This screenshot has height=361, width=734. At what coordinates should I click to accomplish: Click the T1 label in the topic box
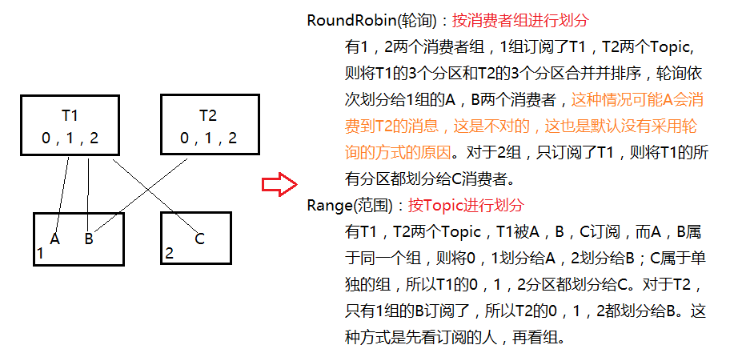[70, 115]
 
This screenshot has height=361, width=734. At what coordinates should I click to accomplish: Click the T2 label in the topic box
[208, 115]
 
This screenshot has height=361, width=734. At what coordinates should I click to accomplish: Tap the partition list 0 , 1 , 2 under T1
[70, 138]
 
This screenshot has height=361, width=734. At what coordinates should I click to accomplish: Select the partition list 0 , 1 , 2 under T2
[208, 138]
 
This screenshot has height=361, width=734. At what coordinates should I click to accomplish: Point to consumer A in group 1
[54, 238]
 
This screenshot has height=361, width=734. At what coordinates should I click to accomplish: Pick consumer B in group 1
[89, 238]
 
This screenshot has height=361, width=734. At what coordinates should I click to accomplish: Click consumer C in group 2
[199, 238]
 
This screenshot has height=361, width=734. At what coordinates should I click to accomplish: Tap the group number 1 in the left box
[39, 254]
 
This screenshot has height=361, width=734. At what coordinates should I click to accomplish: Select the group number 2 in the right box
[168, 254]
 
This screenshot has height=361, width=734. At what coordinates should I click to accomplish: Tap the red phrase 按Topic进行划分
[465, 204]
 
